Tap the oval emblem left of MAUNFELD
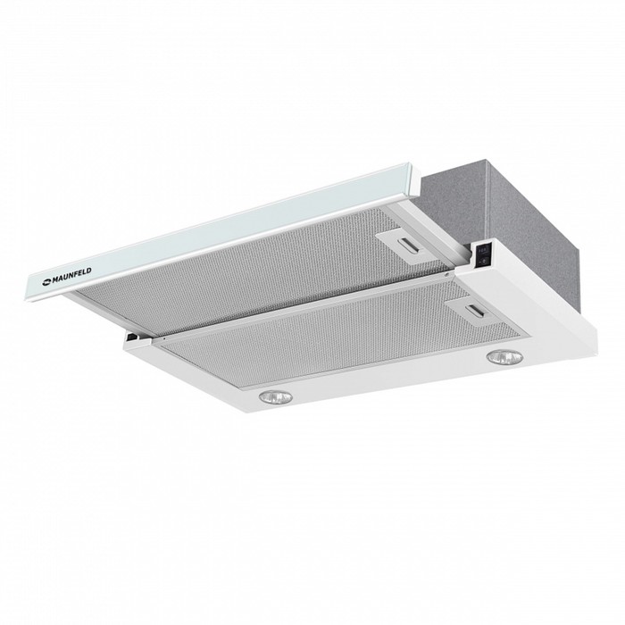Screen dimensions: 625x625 46,283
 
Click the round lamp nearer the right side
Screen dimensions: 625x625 505,357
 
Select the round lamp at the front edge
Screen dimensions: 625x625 275,396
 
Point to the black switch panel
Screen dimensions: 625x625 481,255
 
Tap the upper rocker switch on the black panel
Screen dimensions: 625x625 482,251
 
